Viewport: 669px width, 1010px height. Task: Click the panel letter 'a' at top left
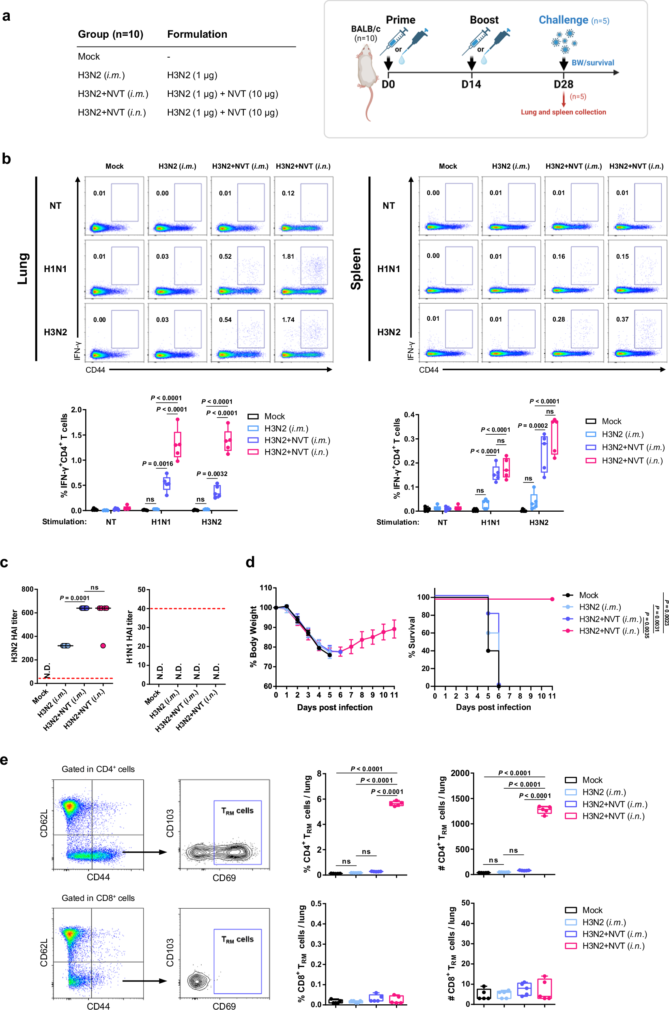[6, 16]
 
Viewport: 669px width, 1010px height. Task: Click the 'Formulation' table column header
[197, 34]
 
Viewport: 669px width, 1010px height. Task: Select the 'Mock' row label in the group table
[89, 57]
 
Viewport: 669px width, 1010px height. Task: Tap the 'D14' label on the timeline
[471, 84]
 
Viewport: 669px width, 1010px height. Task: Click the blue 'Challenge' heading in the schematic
[563, 20]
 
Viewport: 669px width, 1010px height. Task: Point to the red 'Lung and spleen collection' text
[563, 112]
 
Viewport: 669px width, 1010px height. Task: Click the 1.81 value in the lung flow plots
[288, 256]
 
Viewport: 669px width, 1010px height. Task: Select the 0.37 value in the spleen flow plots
[622, 319]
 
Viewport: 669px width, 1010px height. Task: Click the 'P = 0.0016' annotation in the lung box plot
[157, 463]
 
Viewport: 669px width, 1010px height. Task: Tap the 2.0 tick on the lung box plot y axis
[76, 410]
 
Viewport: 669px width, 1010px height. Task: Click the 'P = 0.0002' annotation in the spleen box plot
[532, 425]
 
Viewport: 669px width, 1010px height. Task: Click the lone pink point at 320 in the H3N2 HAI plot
[103, 645]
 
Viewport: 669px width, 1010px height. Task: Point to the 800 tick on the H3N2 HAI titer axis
[27, 589]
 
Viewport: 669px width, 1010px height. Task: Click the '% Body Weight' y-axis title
[254, 636]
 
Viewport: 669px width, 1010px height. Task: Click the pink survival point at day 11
[552, 599]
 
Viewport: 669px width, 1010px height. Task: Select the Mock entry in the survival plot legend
[588, 595]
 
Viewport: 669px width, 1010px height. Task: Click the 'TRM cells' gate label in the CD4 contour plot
[237, 811]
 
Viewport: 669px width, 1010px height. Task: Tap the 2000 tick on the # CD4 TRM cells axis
[460, 773]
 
